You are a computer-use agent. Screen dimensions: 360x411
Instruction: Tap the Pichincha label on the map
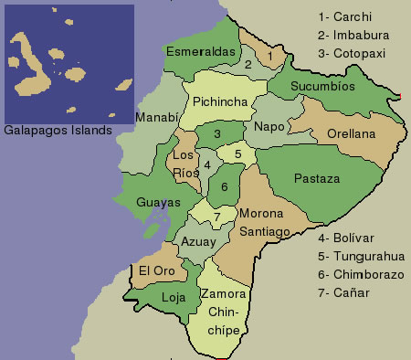click(219, 102)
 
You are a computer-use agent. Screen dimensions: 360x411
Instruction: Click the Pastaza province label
click(316, 179)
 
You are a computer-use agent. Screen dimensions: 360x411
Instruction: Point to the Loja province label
click(173, 298)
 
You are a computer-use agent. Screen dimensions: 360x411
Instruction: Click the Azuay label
click(198, 242)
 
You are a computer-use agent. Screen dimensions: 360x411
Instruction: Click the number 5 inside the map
click(237, 154)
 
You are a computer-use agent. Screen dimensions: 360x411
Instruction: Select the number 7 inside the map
click(216, 217)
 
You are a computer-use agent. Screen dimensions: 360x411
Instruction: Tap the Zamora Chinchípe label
click(223, 309)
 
